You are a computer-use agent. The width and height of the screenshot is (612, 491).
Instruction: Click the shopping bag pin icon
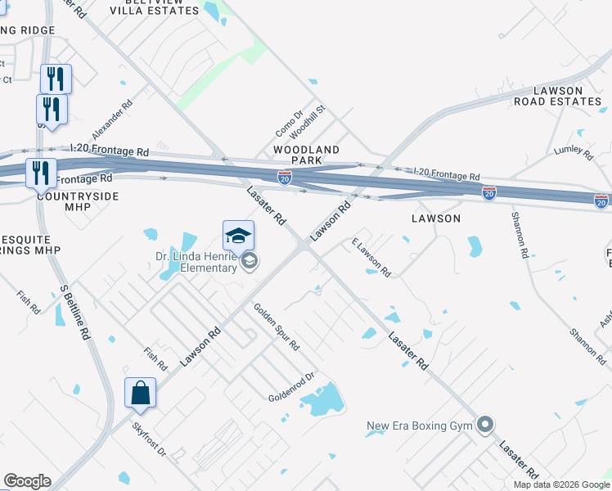pos(140,393)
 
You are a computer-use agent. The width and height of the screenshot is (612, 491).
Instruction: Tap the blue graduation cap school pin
pos(238,236)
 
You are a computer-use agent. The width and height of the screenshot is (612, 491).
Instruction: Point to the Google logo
pos(27,481)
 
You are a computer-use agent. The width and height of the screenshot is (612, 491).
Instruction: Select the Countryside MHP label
pos(78,196)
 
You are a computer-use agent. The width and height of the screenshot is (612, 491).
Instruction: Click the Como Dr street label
pos(289,123)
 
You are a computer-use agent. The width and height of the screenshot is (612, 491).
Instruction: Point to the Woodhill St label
pos(312,119)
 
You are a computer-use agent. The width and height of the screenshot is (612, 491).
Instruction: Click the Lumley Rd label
pos(573,150)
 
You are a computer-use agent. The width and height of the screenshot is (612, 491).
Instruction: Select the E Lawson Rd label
pos(371,256)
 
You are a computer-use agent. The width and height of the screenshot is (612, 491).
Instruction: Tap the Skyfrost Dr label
pos(149,440)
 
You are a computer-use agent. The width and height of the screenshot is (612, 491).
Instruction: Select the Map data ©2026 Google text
pos(561,484)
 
